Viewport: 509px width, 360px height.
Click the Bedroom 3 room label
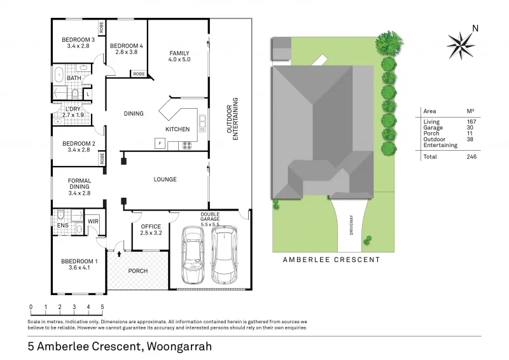(76, 39)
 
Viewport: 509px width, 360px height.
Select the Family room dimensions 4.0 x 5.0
(179, 60)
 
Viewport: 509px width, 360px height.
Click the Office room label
(151, 226)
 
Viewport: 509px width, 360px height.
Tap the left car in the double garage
(193, 257)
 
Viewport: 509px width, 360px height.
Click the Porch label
(137, 271)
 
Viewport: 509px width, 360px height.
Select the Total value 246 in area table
(471, 156)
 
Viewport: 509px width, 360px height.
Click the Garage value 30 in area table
(471, 127)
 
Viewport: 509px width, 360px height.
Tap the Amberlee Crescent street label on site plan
(331, 260)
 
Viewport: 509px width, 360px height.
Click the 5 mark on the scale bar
(103, 307)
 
